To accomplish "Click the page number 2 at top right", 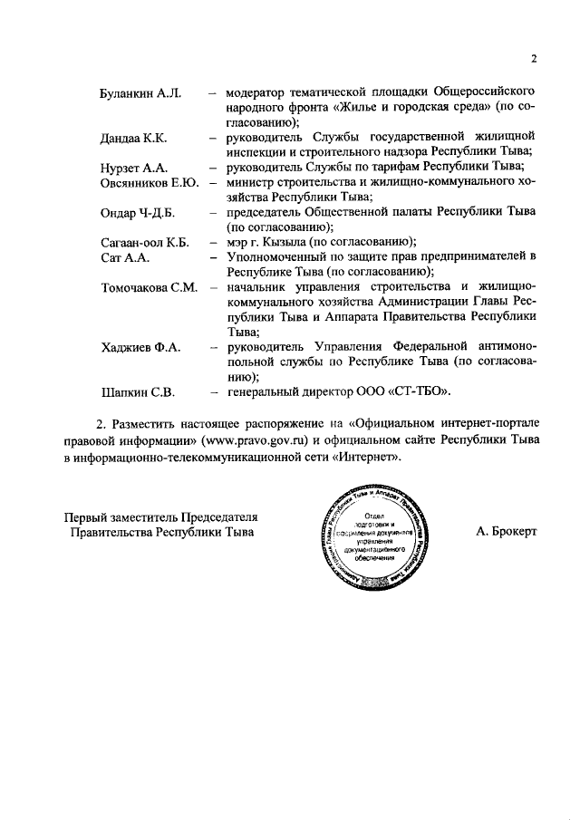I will (x=535, y=60).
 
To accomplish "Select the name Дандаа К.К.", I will (x=135, y=138).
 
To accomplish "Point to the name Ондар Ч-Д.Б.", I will (x=137, y=212).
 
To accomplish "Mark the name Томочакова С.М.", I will (x=148, y=287).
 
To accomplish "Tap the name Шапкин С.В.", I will (x=137, y=391).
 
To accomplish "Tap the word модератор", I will (x=263, y=92).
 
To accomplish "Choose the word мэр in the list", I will (x=238, y=242).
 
